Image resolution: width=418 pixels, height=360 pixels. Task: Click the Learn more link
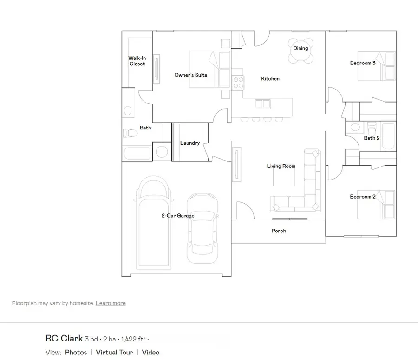111,303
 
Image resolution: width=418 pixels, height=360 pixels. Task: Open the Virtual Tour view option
114,352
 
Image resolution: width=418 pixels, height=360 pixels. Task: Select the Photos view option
76,352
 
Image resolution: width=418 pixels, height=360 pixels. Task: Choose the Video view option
150,352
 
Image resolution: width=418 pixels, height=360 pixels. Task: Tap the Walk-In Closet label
137,61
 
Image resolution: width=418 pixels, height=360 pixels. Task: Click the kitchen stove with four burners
238,83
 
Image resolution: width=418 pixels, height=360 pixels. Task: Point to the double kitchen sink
262,104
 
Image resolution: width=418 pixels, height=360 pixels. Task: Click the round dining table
300,51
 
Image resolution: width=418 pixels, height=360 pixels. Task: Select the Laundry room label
190,143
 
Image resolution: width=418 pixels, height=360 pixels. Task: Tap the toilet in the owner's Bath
130,133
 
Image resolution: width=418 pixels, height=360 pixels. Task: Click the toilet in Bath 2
372,129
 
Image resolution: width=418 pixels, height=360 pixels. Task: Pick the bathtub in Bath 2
388,136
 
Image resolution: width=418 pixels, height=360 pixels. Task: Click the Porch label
279,231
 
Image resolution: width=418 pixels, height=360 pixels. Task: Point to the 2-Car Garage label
178,215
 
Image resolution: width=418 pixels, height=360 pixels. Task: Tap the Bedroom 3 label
363,63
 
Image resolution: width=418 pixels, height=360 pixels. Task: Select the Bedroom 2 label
363,197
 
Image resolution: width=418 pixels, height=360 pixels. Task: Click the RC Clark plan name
64,339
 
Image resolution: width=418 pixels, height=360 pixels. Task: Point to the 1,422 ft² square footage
133,339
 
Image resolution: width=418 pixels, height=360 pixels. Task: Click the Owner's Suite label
190,75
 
